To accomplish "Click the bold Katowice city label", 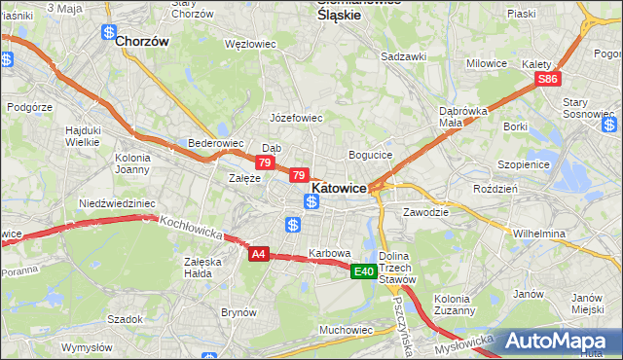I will coord(339,187).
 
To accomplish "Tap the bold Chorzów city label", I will coord(142,42).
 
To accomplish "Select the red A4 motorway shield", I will coord(258,254).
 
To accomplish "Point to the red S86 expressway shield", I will coord(549,79).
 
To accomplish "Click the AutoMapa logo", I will coord(563,341).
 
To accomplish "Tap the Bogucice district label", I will coord(370,155).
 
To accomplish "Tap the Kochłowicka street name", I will coord(193,229).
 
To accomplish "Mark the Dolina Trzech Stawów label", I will coord(399,268).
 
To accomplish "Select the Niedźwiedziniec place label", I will coord(117,203).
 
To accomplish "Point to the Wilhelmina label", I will coord(539,234).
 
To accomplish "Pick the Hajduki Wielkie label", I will coord(83,135).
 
